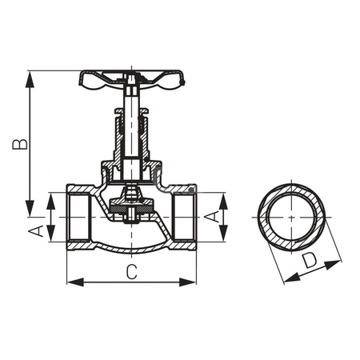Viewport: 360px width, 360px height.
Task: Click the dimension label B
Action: (x=18, y=144)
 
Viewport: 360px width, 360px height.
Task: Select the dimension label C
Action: (x=131, y=271)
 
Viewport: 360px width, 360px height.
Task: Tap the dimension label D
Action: (x=309, y=261)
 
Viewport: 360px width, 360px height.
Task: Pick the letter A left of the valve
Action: (x=35, y=231)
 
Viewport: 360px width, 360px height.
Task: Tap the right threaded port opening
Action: (x=185, y=217)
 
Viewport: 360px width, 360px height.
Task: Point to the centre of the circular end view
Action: (x=291, y=217)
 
